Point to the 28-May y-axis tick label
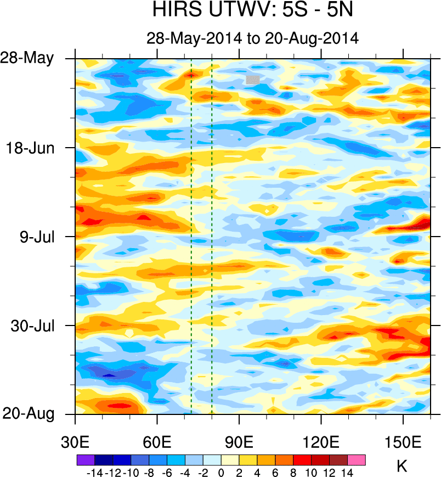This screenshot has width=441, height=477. (31, 58)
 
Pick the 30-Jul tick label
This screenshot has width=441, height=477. (33, 326)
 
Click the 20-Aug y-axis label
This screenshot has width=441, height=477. (31, 414)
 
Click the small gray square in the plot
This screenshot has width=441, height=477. (253, 80)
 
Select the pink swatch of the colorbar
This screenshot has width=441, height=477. (356, 460)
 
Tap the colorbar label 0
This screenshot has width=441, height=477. (220, 472)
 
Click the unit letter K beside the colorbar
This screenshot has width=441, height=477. (402, 467)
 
